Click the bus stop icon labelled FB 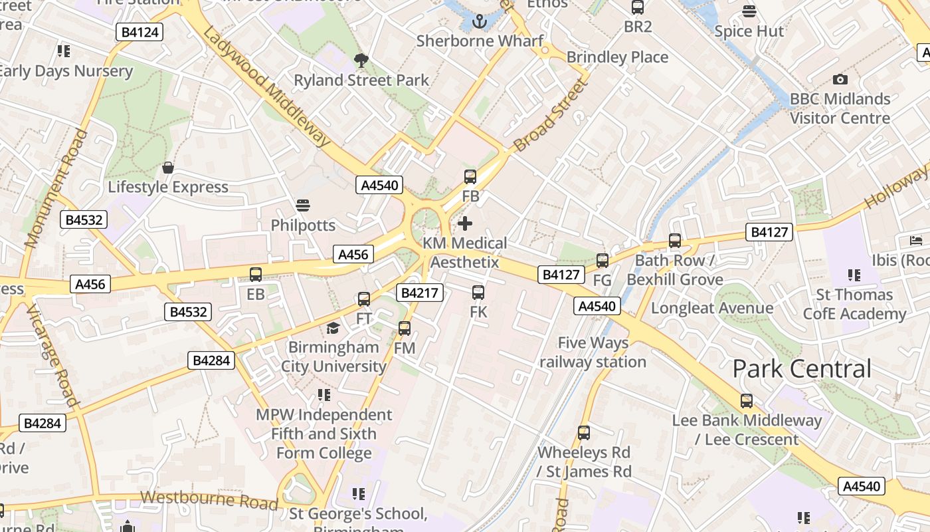tap(470, 176)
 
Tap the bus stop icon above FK tap(478, 292)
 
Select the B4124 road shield tap(139, 32)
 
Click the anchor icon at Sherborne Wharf tap(479, 21)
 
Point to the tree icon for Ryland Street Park tap(361, 61)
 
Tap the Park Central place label tap(802, 368)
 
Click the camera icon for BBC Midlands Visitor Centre tap(840, 79)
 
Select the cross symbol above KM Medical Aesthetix tap(465, 223)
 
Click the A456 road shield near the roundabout tap(353, 254)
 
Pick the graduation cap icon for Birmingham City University tap(333, 328)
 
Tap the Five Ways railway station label tap(593, 352)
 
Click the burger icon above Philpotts tap(303, 205)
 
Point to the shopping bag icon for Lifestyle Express tap(168, 167)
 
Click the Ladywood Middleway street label tap(267, 87)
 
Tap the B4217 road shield tap(419, 293)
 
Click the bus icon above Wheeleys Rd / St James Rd tap(583, 432)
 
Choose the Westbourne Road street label tap(209, 500)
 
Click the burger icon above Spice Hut tap(749, 11)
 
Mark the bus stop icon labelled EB tap(255, 274)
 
